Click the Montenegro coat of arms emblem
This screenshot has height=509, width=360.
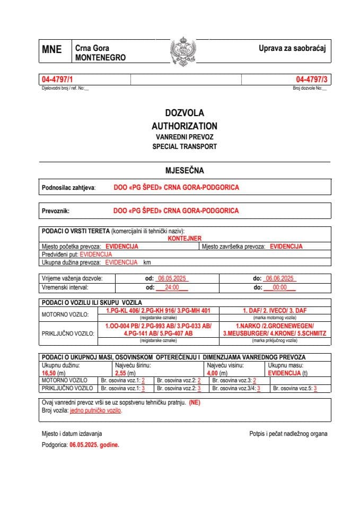click(183, 51)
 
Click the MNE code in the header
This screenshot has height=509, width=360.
click(52, 50)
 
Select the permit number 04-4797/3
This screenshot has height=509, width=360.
click(312, 80)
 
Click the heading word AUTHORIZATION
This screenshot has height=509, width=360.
click(184, 126)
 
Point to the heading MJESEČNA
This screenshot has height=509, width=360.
click(184, 171)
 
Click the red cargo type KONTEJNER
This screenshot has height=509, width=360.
click(184, 239)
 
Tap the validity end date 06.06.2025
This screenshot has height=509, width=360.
click(280, 278)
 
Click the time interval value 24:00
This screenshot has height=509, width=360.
click(172, 287)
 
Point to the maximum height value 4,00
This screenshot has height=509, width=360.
click(213, 373)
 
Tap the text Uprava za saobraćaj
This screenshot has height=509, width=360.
click(292, 49)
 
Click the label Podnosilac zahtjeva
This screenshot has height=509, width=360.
click(68, 188)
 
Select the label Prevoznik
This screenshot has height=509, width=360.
click(56, 211)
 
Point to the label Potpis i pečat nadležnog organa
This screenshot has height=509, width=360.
click(288, 434)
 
